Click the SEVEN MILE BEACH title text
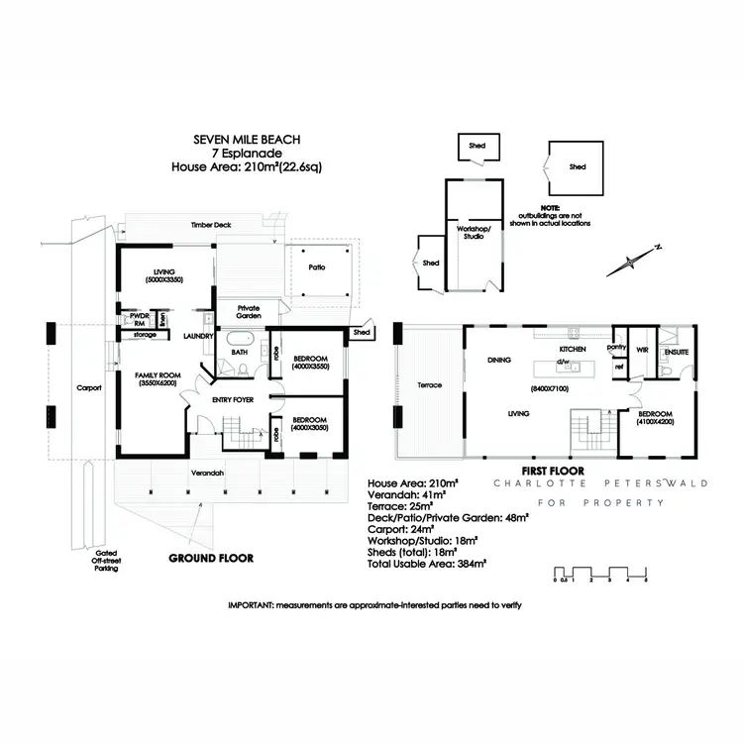pyautogui.click(x=246, y=143)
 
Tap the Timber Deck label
pyautogui.click(x=210, y=226)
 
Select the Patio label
pyautogui.click(x=316, y=267)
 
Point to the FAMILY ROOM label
pyautogui.click(x=157, y=377)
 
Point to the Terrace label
pyautogui.click(x=430, y=384)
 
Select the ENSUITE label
pyautogui.click(x=676, y=351)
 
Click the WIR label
pyautogui.click(x=641, y=350)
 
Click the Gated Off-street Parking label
pyautogui.click(x=105, y=561)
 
